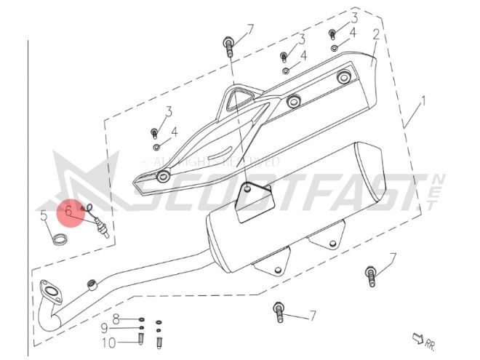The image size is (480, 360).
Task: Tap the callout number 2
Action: coord(376,34)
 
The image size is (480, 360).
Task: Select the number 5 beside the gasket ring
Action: coord(44,215)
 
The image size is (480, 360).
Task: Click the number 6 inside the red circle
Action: coord(68,212)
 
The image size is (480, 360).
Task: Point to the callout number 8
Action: coord(115,318)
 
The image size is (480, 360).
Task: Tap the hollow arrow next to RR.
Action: coord(417,336)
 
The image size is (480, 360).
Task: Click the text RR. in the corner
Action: coord(431,342)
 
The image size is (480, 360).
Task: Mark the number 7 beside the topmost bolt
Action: coord(249,29)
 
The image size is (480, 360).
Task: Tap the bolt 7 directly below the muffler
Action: coord(277,312)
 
